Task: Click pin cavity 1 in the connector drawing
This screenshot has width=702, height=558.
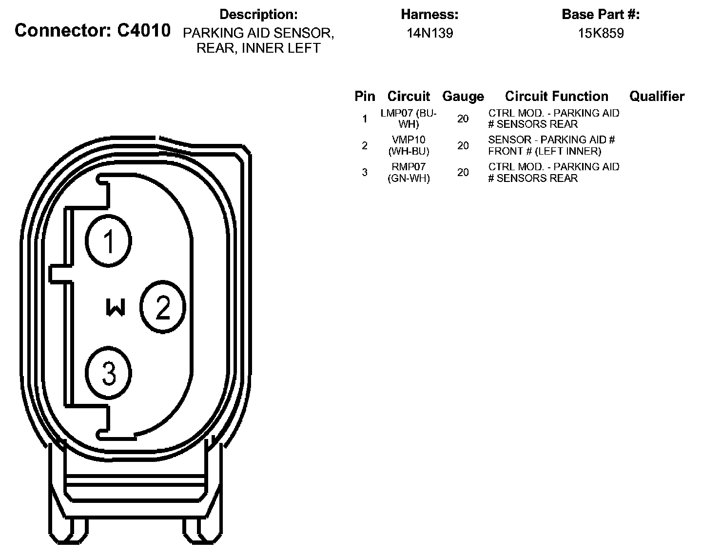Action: click(108, 240)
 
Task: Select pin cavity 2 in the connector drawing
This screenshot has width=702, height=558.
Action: click(163, 307)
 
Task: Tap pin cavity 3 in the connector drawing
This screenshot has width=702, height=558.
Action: click(108, 374)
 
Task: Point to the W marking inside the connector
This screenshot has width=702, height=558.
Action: click(116, 307)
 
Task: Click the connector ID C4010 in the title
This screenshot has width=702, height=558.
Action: click(144, 30)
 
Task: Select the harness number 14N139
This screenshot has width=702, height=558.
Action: click(429, 33)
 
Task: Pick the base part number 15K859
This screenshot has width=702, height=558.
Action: click(601, 33)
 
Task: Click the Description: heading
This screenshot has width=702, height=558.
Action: click(258, 14)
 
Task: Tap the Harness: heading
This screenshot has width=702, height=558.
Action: click(429, 14)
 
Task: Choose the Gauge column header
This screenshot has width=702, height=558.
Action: click(463, 97)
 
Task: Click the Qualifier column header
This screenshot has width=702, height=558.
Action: click(657, 96)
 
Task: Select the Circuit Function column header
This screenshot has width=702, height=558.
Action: click(556, 96)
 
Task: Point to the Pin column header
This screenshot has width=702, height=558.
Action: click(365, 96)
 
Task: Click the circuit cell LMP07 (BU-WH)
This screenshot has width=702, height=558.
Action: click(409, 119)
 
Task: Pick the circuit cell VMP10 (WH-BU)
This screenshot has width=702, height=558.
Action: click(409, 145)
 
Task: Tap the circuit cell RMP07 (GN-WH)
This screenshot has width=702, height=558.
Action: click(409, 172)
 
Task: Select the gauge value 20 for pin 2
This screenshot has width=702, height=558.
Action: click(463, 145)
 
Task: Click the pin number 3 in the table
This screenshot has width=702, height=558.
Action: click(365, 172)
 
